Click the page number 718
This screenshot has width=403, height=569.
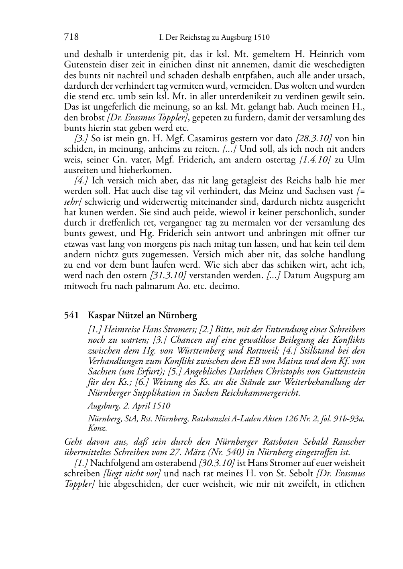[71, 38]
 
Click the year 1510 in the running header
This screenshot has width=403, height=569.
[261, 38]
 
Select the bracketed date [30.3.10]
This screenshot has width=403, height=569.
[217, 463]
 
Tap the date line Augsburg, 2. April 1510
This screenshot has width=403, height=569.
[129, 406]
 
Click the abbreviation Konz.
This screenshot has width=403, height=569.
[97, 428]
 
